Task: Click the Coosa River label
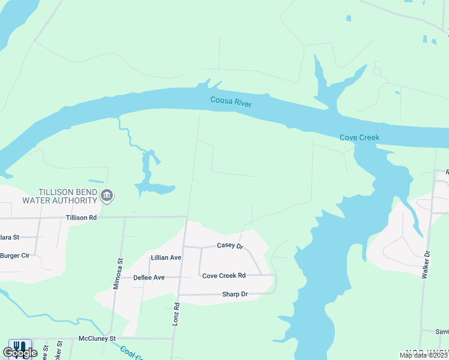pyautogui.click(x=231, y=101)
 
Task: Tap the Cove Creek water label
pyautogui.click(x=360, y=137)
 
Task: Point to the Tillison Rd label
pyautogui.click(x=81, y=218)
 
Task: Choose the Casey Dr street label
pyautogui.click(x=229, y=246)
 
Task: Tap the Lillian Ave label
pyautogui.click(x=166, y=257)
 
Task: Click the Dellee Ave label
pyautogui.click(x=149, y=278)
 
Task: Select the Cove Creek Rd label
pyautogui.click(x=224, y=275)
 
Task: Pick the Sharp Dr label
pyautogui.click(x=235, y=294)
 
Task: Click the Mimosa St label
pyautogui.click(x=118, y=274)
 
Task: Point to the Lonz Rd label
pyautogui.click(x=176, y=314)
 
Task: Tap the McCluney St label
pyautogui.click(x=97, y=338)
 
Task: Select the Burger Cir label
pyautogui.click(x=15, y=255)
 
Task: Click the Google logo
pyautogui.click(x=19, y=353)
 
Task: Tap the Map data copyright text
pyautogui.click(x=424, y=355)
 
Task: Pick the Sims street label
pyautogui.click(x=442, y=331)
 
